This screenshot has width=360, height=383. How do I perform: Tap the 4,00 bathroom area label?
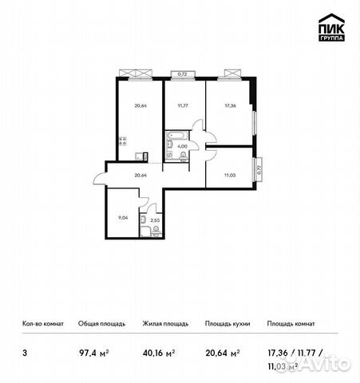coord(182,146)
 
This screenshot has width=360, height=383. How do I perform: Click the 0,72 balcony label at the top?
coord(182,73)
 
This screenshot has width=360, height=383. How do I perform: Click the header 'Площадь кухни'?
coord(227,323)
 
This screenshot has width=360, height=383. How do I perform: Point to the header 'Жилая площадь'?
coord(165,323)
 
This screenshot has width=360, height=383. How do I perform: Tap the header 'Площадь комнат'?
coord(291,323)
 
